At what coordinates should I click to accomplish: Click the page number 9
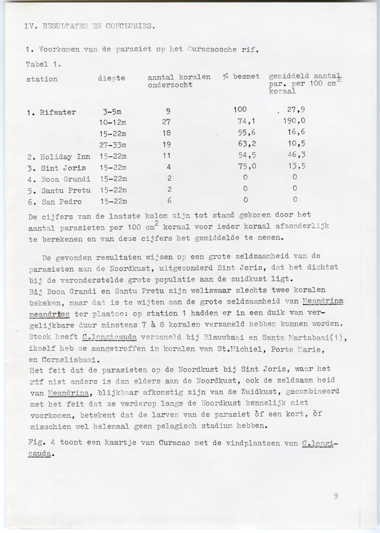[x=335, y=495]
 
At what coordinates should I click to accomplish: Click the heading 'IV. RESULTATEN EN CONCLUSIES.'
[x=90, y=26]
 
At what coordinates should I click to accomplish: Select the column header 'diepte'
[x=111, y=79]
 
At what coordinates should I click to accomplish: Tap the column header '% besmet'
[x=241, y=76]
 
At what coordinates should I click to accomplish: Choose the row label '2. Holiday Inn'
[x=58, y=157]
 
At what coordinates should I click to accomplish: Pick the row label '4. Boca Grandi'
[x=58, y=179]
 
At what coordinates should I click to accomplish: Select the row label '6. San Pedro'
[x=54, y=201]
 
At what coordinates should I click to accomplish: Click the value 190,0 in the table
[x=294, y=121]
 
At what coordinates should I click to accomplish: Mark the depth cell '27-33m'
[x=113, y=145]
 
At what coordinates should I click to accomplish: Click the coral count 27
[x=167, y=122]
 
